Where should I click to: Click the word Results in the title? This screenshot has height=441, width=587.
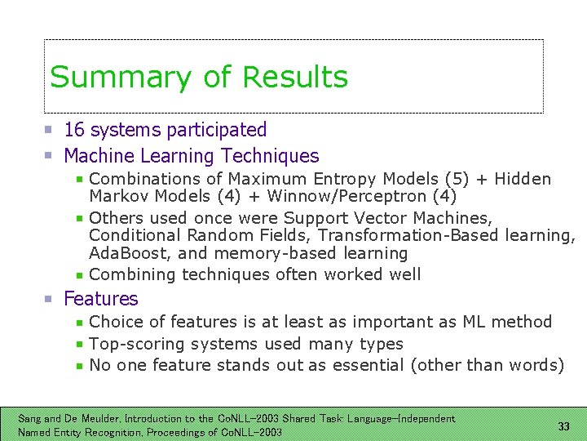(x=295, y=78)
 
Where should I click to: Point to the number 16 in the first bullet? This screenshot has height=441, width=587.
(x=74, y=130)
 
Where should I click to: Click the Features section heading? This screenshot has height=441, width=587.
(x=101, y=299)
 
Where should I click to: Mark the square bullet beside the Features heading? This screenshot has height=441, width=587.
(x=49, y=299)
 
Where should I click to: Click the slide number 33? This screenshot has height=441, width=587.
(x=563, y=426)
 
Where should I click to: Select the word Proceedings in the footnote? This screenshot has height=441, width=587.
(x=183, y=432)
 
